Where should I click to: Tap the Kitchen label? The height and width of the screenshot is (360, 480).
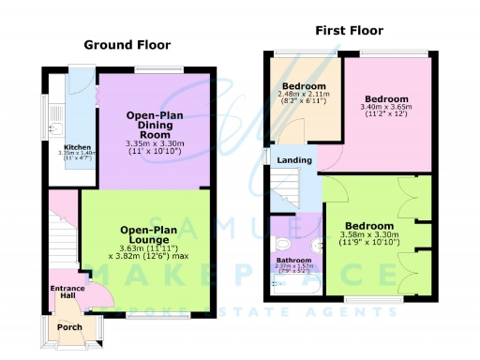(x=78, y=146)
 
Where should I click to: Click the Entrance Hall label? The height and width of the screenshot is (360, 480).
(x=67, y=292)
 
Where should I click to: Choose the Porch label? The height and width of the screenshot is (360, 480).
(x=70, y=327)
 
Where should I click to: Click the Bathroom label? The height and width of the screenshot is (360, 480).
(x=292, y=262)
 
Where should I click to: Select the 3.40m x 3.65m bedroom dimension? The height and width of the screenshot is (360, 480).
(x=386, y=108)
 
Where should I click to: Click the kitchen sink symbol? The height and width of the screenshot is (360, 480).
(x=55, y=132)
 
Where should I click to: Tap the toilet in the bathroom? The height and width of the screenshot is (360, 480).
(x=316, y=247)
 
